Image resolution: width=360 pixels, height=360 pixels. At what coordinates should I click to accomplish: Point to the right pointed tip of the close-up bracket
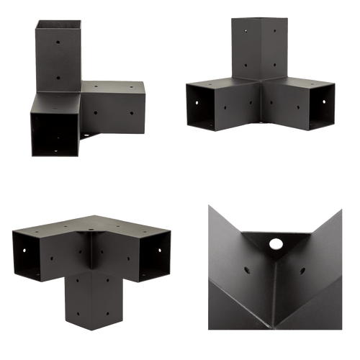[x=342, y=207]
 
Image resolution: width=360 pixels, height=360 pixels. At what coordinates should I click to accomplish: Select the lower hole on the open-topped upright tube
[x=58, y=74]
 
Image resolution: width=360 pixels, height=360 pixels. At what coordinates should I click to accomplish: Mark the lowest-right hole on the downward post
[x=108, y=315]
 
